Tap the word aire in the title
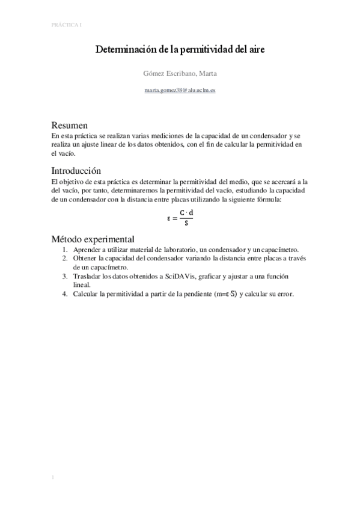[x=257, y=51]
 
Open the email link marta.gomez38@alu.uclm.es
[x=180, y=90]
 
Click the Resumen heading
[x=70, y=126]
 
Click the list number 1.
[x=66, y=250]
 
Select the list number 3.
[x=66, y=276]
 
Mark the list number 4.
[x=66, y=294]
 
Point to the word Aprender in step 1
[x=87, y=250]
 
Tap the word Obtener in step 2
[x=86, y=259]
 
